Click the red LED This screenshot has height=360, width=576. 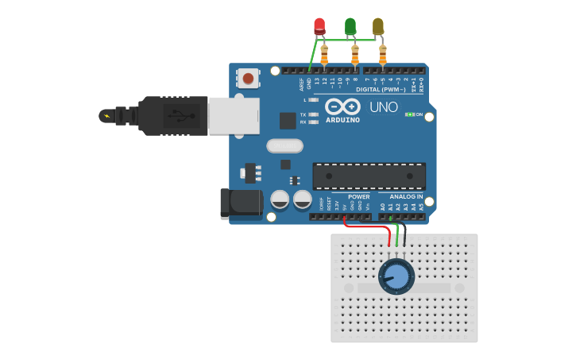(319, 25)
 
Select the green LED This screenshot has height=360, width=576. (350, 26)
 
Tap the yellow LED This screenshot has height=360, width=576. (378, 26)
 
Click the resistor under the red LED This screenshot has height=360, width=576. (324, 55)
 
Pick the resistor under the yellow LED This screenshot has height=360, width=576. (383, 55)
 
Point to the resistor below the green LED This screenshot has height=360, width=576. (354, 55)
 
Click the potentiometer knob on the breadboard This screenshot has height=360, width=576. (396, 277)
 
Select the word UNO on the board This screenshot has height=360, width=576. (384, 106)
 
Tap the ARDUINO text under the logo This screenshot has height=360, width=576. (342, 121)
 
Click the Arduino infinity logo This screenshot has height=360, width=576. (342, 106)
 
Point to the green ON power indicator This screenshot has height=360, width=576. (410, 114)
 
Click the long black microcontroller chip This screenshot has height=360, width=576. (369, 176)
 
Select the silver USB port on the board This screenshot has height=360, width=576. (234, 115)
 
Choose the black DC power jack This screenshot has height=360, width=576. (241, 203)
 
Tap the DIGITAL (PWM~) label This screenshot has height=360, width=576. (381, 90)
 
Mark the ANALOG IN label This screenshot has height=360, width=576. (406, 196)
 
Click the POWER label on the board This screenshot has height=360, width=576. (358, 196)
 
